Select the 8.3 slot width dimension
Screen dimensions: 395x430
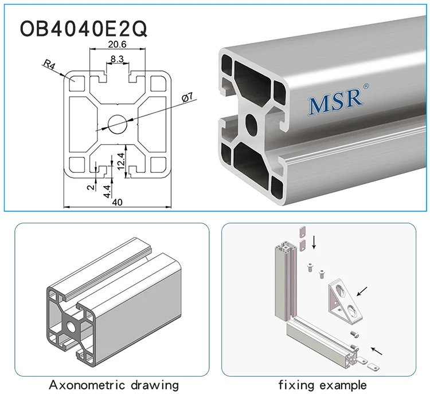(117, 58)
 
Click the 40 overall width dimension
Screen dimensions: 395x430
(117, 202)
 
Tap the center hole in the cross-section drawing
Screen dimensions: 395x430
(117, 123)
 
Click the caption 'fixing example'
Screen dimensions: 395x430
(322, 384)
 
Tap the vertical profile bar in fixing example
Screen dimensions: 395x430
(284, 281)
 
